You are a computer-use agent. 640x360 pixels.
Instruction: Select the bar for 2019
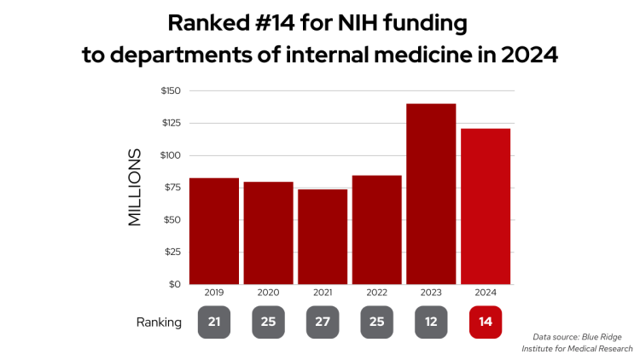coord(213,230)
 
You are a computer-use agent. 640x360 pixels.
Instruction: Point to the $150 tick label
coord(169,90)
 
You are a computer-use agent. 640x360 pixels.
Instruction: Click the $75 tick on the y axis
coord(171,188)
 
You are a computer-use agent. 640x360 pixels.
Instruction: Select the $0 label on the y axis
coord(174,284)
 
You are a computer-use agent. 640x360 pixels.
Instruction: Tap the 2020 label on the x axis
coord(267,293)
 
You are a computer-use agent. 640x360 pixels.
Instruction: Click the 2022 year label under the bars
coord(376,293)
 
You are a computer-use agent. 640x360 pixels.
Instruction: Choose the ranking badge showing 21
coord(213,322)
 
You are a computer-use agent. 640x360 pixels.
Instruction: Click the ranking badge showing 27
coord(322,322)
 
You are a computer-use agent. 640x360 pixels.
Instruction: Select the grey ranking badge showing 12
coord(431,322)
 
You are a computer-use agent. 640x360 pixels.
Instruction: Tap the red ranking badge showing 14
coord(486,322)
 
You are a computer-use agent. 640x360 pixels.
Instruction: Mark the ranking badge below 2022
coord(376,322)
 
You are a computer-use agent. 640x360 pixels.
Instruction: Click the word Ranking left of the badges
coord(159,322)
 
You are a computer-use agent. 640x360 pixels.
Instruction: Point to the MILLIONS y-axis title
coord(135,188)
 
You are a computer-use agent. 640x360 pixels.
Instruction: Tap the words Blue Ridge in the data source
coord(613,336)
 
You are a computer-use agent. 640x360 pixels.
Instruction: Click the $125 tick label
coord(169,123)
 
